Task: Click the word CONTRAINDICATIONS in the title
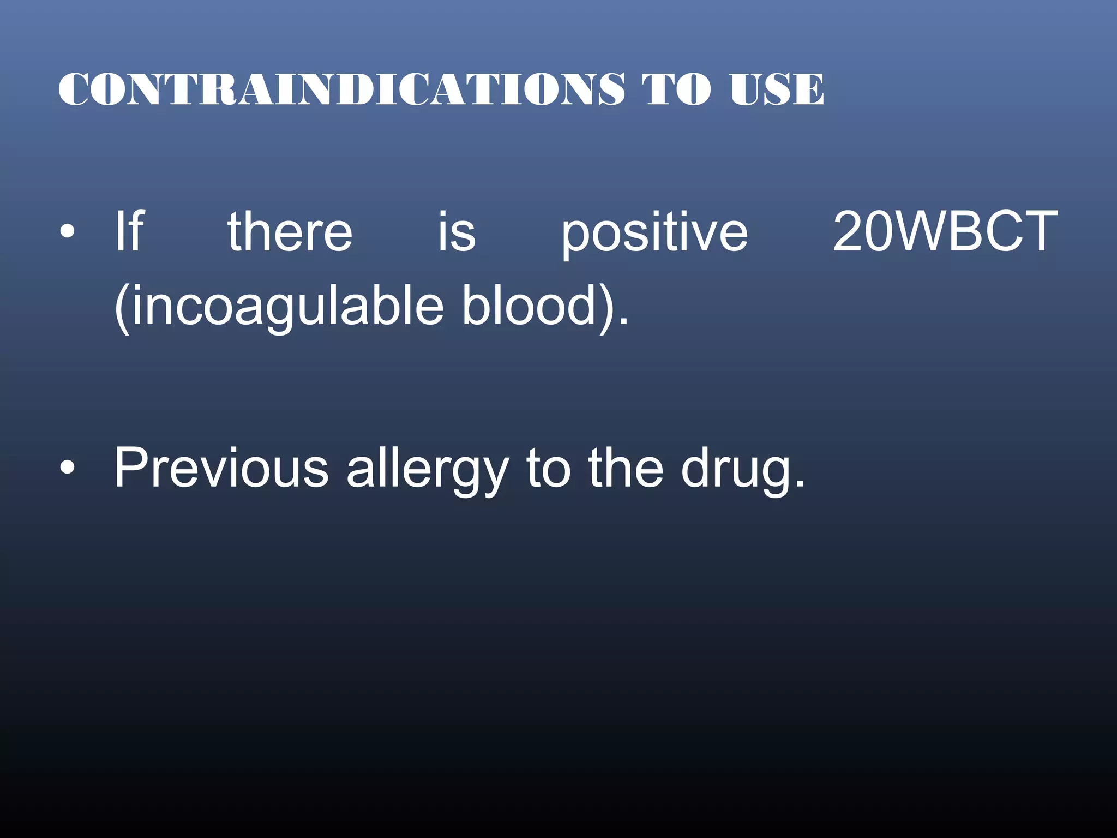point(341,89)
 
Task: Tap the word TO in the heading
point(676,89)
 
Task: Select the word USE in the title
point(777,89)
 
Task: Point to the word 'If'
point(129,232)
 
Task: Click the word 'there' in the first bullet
point(290,232)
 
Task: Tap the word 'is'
point(457,232)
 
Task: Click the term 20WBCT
point(945,232)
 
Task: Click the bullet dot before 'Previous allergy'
point(67,469)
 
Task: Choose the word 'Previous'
point(221,468)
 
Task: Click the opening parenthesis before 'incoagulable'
point(122,307)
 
